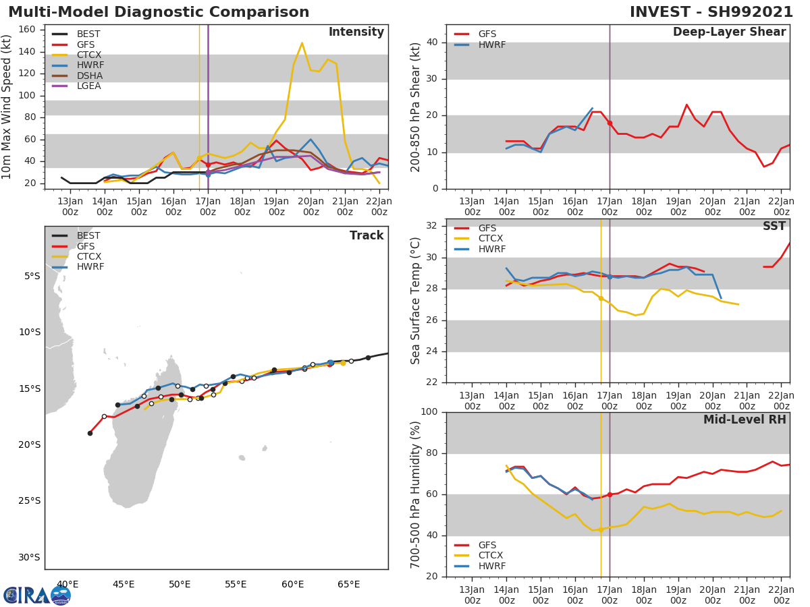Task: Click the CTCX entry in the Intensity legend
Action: pos(88,55)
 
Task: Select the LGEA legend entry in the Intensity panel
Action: pos(88,86)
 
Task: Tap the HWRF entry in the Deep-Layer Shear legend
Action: pos(491,45)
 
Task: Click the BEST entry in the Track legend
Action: pos(88,236)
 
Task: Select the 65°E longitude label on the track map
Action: pos(349,584)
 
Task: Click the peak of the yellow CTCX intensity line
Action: pos(302,43)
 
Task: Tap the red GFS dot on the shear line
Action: pos(610,123)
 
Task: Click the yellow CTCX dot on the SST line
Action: pos(601,298)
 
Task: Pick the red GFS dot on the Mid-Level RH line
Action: pos(610,494)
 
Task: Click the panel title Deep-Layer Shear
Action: pos(729,32)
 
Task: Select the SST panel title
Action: pos(774,227)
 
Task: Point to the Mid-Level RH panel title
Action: pos(745,420)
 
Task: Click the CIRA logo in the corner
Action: pos(37,595)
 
